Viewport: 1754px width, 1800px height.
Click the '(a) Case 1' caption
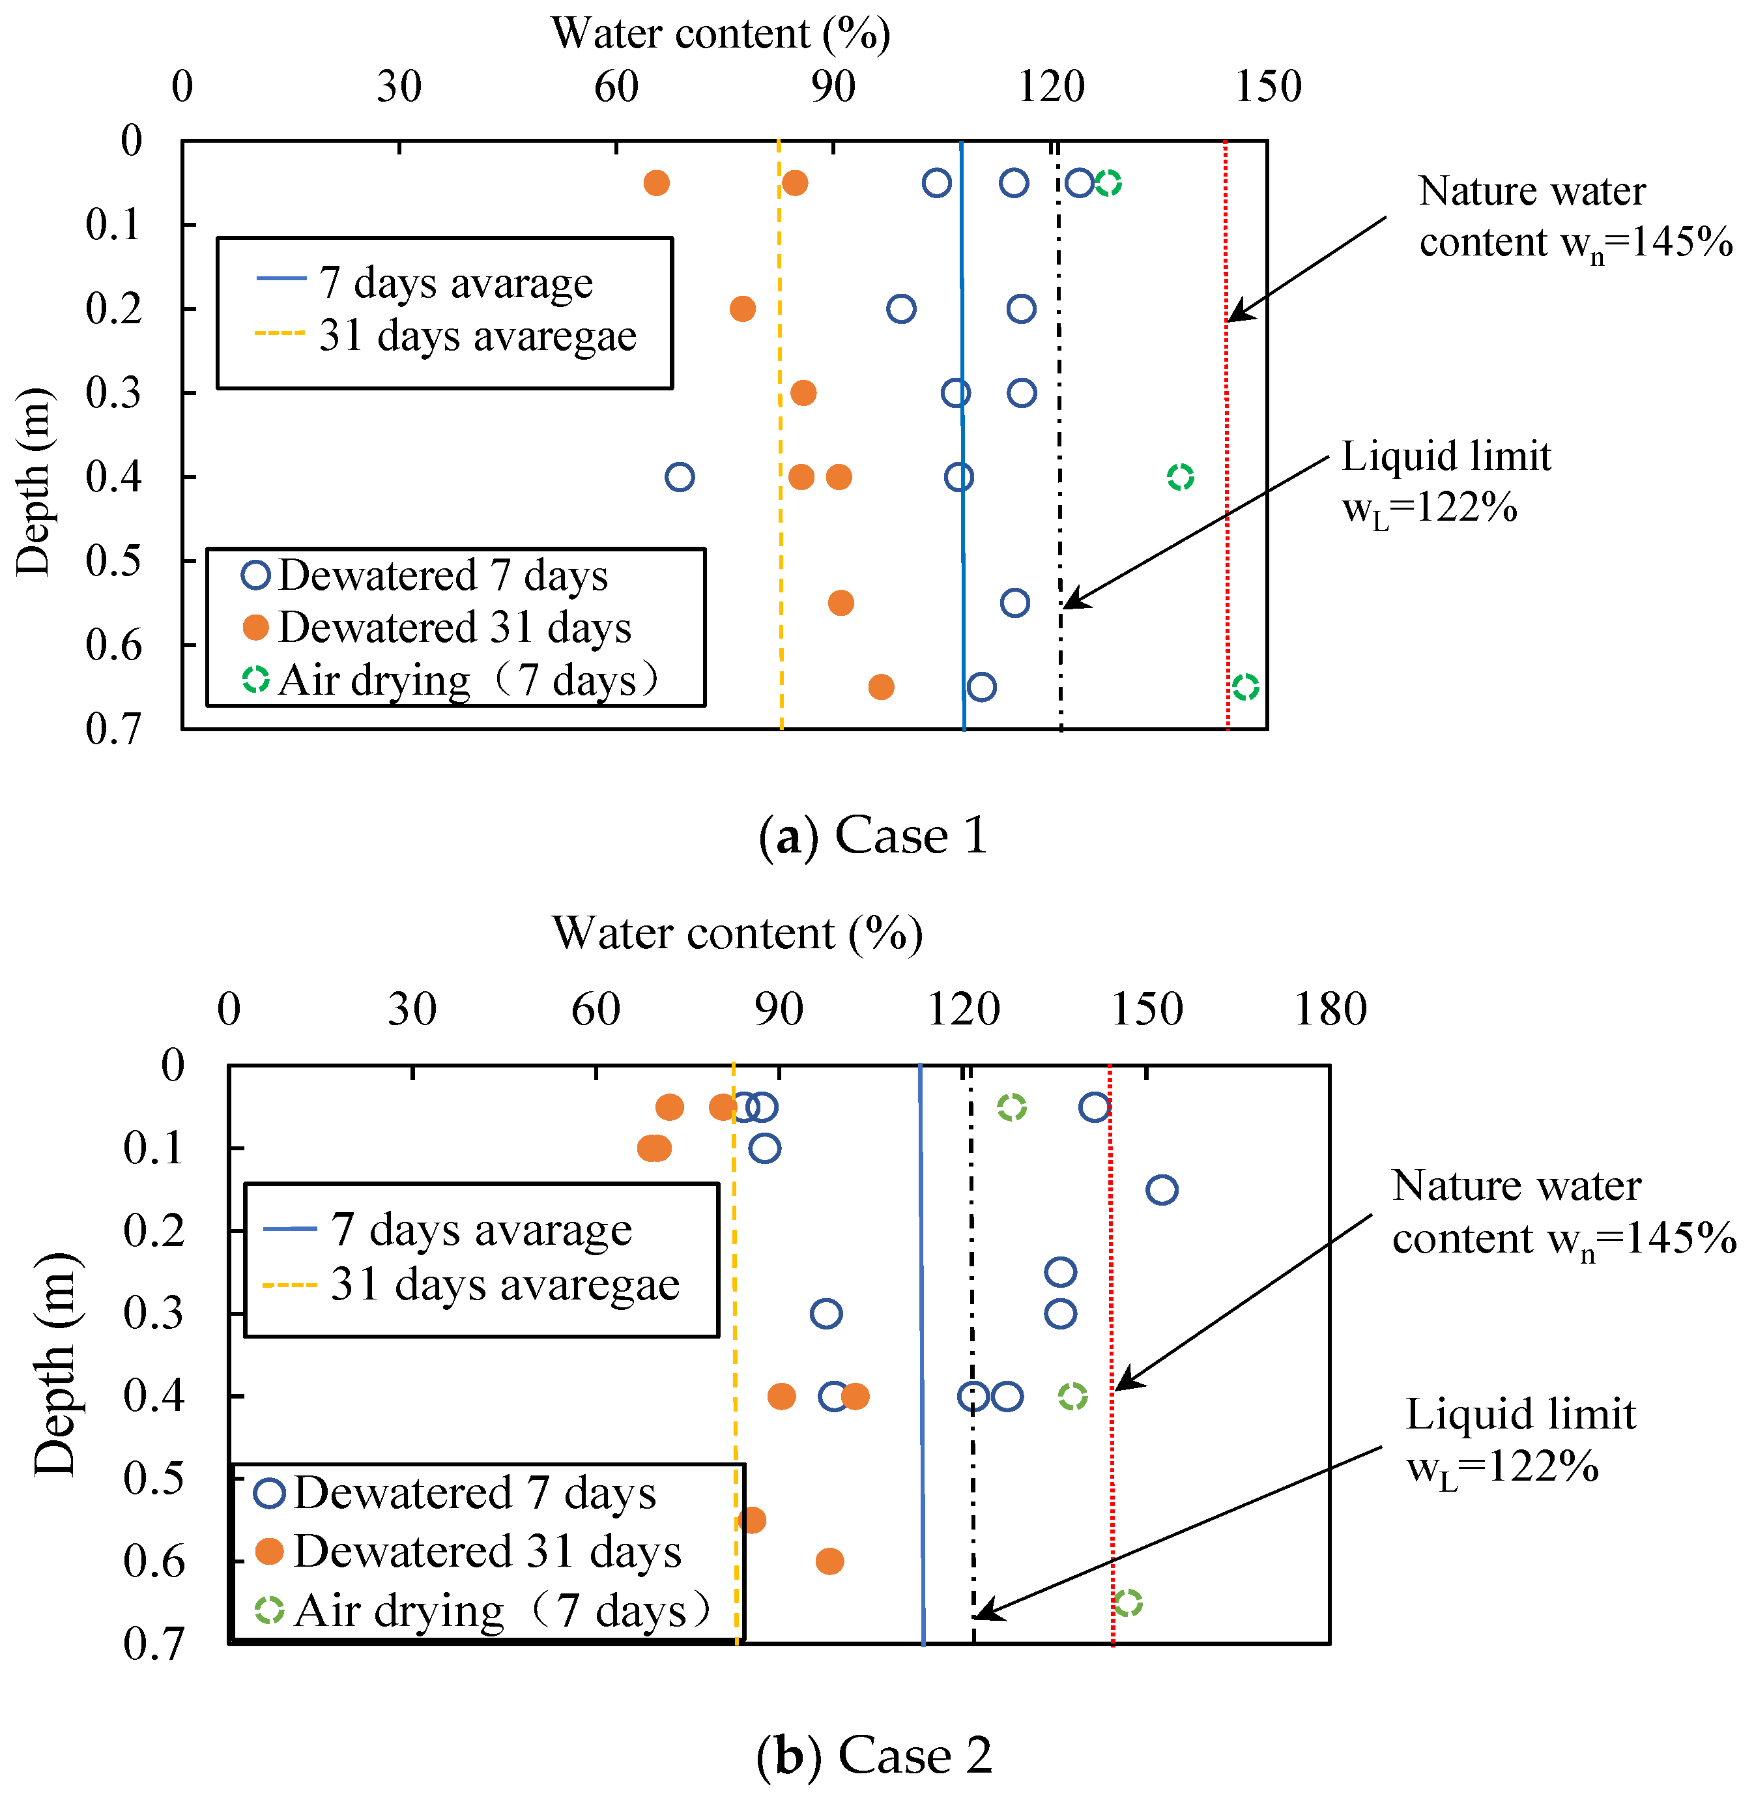[873, 836]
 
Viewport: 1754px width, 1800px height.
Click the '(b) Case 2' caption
[873, 1755]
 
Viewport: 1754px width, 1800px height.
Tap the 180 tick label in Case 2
[1330, 1009]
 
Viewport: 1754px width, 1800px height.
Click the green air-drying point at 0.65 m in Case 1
[1246, 687]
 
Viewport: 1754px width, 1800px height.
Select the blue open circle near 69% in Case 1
[680, 477]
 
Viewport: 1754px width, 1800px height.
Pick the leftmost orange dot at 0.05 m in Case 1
[656, 183]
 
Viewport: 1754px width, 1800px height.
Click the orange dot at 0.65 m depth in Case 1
[882, 687]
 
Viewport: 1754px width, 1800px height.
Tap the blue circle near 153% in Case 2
[1162, 1190]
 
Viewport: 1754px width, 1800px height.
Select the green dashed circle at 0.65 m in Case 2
[1128, 1604]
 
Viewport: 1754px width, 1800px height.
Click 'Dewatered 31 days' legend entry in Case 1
[453, 628]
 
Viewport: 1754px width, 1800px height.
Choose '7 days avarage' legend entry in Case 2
[481, 1230]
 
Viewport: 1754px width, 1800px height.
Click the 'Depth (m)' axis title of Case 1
[34, 481]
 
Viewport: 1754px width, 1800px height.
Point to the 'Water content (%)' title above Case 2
[737, 933]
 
